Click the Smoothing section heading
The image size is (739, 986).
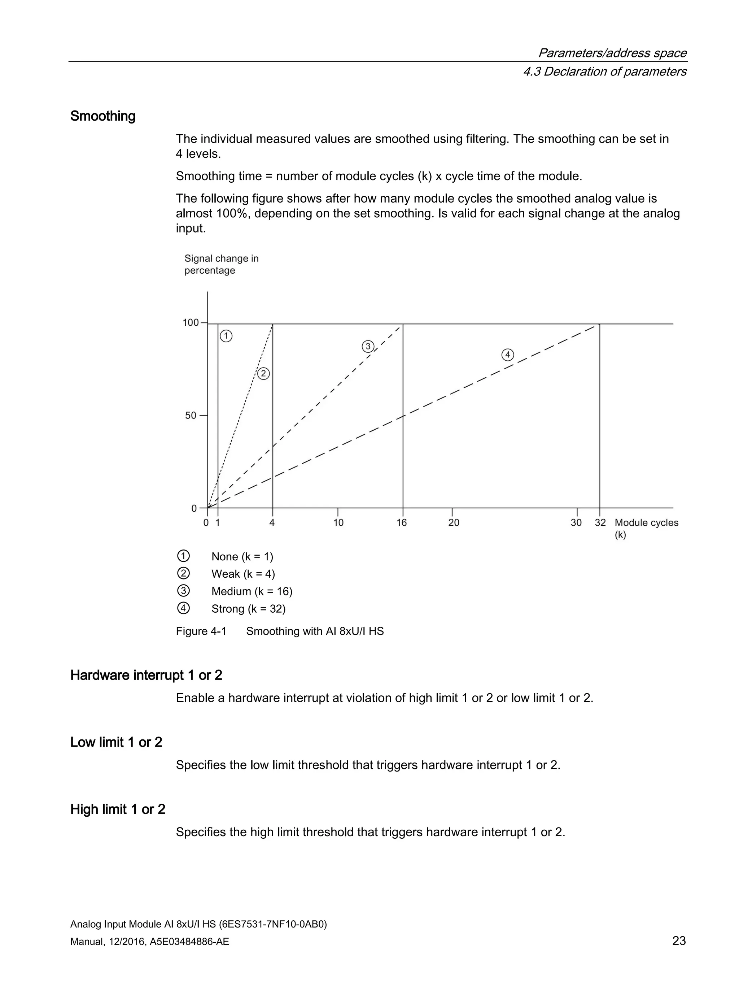coord(102,116)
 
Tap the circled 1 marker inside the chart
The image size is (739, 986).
coord(226,336)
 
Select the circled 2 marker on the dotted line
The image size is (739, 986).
coord(263,374)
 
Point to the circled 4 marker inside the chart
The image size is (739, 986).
coord(507,355)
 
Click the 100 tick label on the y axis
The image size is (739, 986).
coord(190,322)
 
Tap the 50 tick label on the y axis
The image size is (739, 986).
coord(190,416)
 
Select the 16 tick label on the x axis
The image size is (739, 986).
coord(401,522)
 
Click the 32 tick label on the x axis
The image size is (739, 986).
coord(600,522)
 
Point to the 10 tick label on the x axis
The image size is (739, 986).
coord(338,522)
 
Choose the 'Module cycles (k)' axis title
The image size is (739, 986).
coord(646,528)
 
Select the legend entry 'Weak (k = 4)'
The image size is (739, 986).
coord(243,574)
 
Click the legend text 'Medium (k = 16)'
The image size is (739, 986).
coord(252,591)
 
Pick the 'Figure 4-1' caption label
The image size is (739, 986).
coord(201,631)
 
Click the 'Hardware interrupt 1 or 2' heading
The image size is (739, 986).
coord(146,675)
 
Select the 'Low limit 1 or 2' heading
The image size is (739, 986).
coord(116,742)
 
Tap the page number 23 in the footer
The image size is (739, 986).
coord(678,941)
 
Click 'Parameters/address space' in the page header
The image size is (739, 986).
coord(612,53)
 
